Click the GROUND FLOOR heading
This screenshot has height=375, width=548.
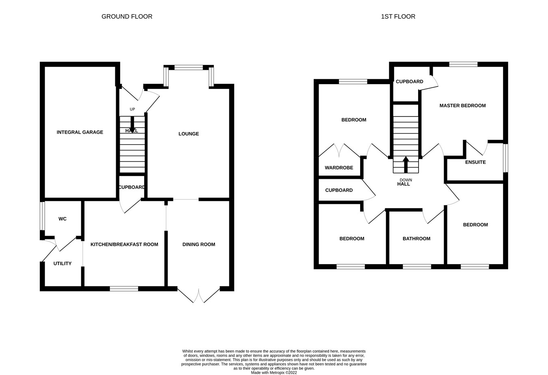pos(127,17)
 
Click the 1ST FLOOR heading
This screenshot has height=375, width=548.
pos(398,17)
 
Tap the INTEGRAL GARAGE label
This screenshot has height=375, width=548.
pos(80,132)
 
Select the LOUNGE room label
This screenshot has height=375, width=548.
pos(189,134)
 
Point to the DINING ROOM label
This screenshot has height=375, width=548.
pos(198,244)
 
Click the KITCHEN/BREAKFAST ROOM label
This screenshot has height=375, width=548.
pos(124,244)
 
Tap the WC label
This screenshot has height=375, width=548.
pos(63,219)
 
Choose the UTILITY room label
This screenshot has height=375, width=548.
pos(63,264)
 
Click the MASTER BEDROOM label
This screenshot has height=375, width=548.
pos(462,106)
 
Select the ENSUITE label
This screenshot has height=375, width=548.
pos(475,162)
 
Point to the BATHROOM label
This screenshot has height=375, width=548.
pos(416,238)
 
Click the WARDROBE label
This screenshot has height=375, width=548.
pos(339,168)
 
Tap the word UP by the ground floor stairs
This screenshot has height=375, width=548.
pos(132,109)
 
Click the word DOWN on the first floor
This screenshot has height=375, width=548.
pos(406,180)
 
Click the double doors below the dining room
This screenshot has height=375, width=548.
pos(198,295)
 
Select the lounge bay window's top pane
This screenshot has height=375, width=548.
pos(189,67)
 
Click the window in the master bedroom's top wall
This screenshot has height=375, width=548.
pos(463,64)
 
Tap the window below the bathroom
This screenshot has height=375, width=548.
pos(417,267)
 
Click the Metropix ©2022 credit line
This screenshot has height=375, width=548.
pos(274,373)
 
